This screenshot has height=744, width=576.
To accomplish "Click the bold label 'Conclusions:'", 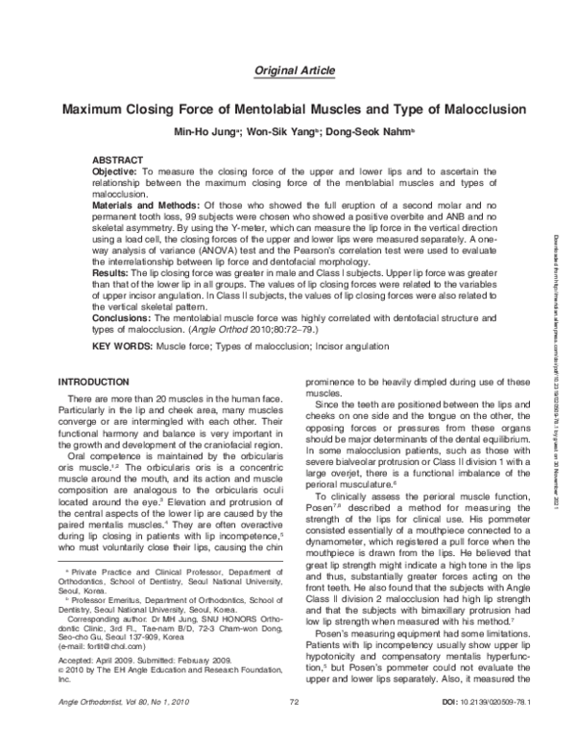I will point(122,316).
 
